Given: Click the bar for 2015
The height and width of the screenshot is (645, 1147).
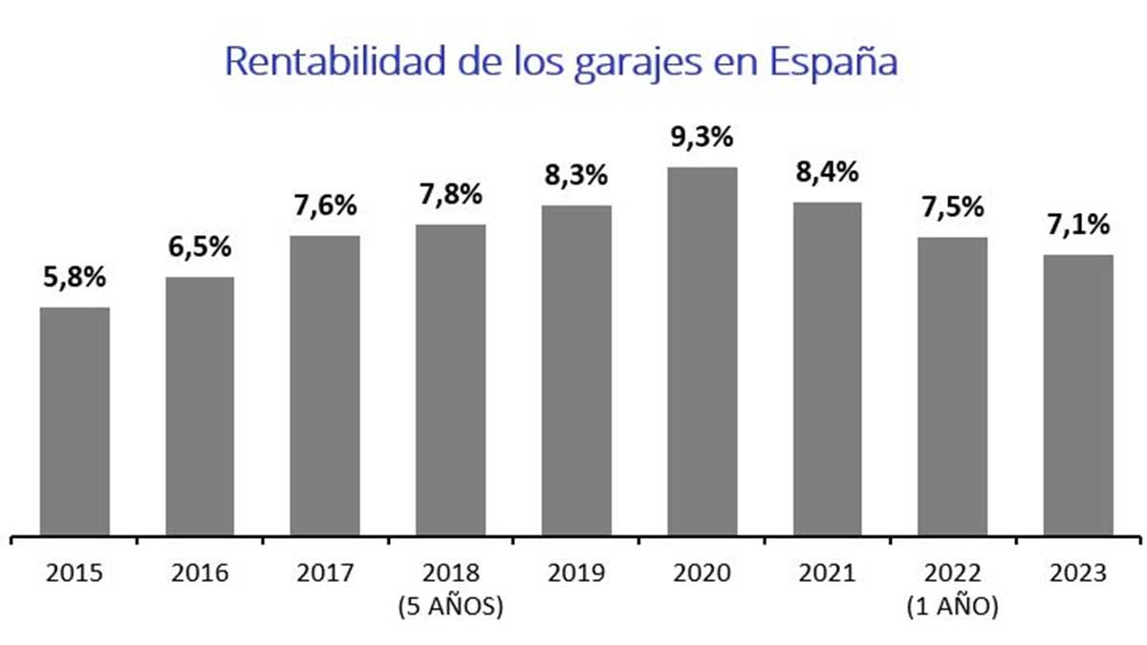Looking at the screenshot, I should tap(75, 420).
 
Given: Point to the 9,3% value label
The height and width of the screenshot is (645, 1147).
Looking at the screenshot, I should tap(702, 138).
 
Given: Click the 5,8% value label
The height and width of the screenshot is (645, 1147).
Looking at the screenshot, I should tap(74, 279).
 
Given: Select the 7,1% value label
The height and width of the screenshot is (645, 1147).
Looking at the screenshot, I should tap(1078, 226).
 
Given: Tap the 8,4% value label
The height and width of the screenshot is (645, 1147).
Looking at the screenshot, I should tap(827, 173).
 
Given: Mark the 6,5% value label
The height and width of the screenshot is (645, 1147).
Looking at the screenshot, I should tap(200, 247).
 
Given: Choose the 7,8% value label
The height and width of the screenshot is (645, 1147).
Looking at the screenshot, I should tap(450, 195).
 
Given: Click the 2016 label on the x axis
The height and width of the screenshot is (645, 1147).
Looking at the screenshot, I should tap(200, 573).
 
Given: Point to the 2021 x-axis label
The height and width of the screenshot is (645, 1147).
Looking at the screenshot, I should tap(827, 573).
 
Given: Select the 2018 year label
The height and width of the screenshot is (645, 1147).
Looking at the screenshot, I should tap(450, 573).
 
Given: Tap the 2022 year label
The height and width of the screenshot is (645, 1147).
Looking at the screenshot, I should tap(952, 573).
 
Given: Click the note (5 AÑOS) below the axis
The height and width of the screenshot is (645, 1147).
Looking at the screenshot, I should tap(450, 607).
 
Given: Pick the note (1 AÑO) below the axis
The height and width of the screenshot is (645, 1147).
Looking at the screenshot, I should tap(952, 607).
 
